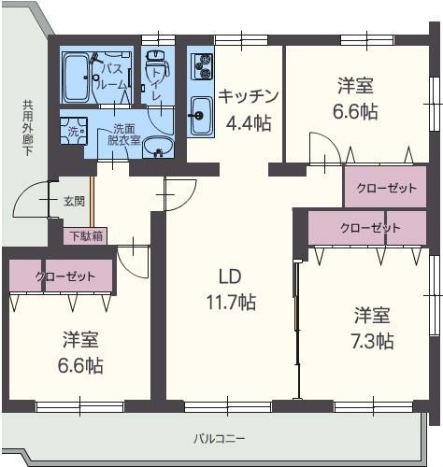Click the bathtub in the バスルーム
point(76,79)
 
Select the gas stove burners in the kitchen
point(202,66)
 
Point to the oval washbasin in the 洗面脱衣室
point(160,148)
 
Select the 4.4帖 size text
point(248,121)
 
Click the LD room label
point(231,276)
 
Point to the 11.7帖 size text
point(231,302)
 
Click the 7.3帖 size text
point(372,340)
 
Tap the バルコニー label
point(220,437)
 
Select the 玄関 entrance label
point(74,201)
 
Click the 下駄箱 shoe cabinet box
point(85,235)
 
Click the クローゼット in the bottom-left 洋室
point(62,276)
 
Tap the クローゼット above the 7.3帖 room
point(368,227)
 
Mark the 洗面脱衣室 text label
point(123,134)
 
